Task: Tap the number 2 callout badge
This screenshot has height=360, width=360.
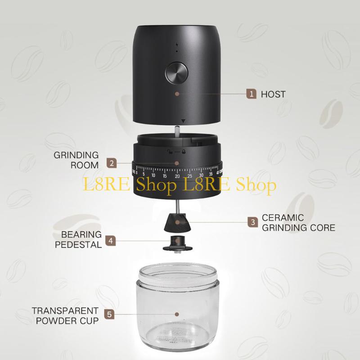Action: click(x=111, y=163)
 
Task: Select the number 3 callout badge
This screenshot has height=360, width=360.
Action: click(x=253, y=221)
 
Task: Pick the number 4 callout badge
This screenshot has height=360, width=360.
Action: click(x=111, y=240)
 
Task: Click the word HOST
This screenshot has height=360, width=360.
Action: click(x=273, y=94)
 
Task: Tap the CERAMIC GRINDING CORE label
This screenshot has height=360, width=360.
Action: click(x=298, y=222)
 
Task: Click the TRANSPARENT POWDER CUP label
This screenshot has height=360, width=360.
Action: click(x=65, y=315)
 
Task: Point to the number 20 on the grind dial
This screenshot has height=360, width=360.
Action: click(x=177, y=177)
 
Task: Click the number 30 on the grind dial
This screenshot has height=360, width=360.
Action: click(x=201, y=175)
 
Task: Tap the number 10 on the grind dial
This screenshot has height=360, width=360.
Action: click(x=154, y=175)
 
